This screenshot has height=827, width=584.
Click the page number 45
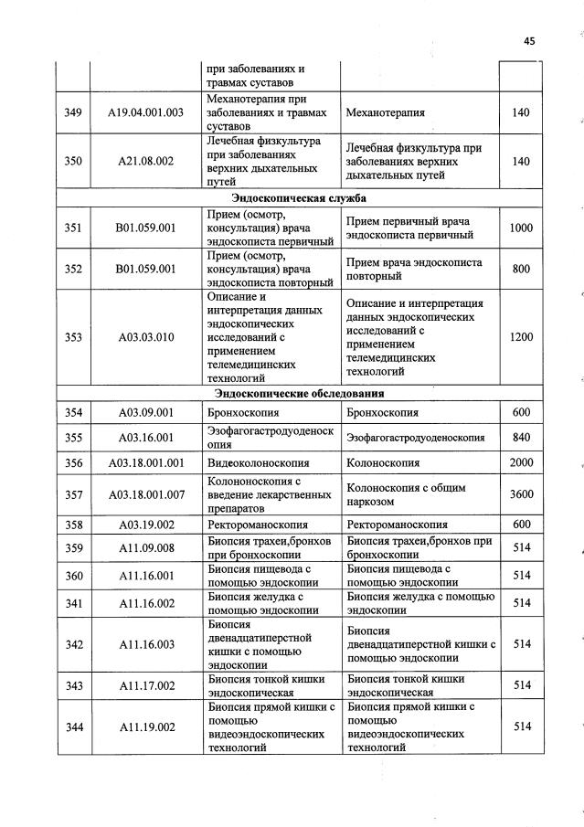pyautogui.click(x=529, y=40)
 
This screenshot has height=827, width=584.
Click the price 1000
pyautogui.click(x=521, y=228)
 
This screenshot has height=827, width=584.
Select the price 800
pyautogui.click(x=521, y=269)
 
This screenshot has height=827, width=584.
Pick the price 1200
pyautogui.click(x=521, y=337)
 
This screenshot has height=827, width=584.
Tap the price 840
pyautogui.click(x=521, y=438)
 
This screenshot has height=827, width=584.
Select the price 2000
pyautogui.click(x=521, y=463)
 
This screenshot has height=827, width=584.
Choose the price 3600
pyautogui.click(x=521, y=494)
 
